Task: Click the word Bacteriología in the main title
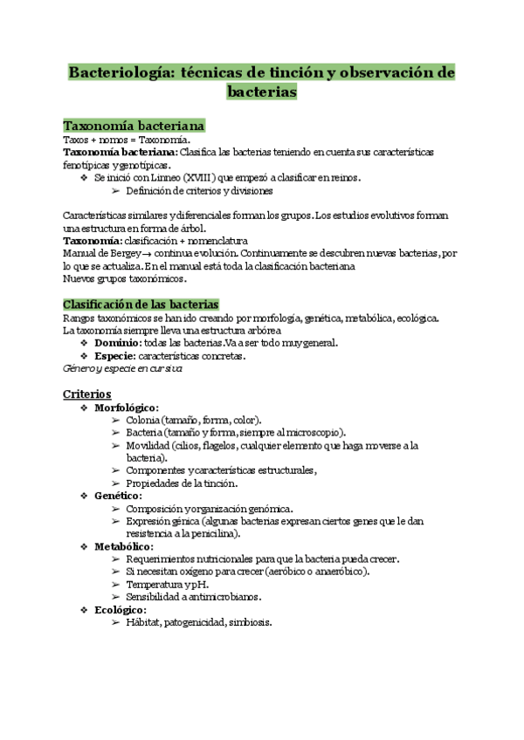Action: click(x=119, y=72)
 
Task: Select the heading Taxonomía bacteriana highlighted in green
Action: click(x=134, y=126)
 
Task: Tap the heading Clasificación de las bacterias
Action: click(x=141, y=304)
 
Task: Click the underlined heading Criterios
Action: click(x=87, y=394)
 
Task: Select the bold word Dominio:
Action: click(x=119, y=343)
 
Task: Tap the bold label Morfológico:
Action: click(x=126, y=408)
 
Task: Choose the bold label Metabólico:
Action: click(x=123, y=546)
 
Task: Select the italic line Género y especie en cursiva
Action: click(x=122, y=368)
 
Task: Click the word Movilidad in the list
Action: click(x=148, y=445)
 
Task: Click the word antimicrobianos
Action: click(x=223, y=597)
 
